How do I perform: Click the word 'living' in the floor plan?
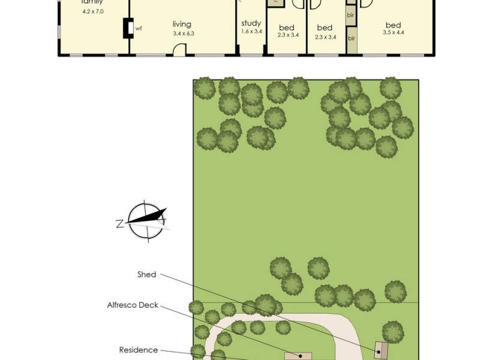181,24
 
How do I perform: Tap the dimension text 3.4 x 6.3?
181,33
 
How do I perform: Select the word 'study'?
251,23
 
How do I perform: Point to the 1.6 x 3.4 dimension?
251,31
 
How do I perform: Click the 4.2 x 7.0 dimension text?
92,11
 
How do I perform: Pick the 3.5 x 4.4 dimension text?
393,32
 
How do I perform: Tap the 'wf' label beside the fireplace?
138,28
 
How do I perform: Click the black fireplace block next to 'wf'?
128,28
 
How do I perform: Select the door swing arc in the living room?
179,52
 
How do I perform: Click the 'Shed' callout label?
146,275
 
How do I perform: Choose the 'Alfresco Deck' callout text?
133,305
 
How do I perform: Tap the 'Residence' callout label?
139,350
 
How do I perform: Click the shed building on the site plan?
380,350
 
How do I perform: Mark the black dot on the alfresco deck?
295,356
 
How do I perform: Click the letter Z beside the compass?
119,224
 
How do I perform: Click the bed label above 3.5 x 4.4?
393,25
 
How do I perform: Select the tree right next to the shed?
392,331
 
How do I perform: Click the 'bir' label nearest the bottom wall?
352,38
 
